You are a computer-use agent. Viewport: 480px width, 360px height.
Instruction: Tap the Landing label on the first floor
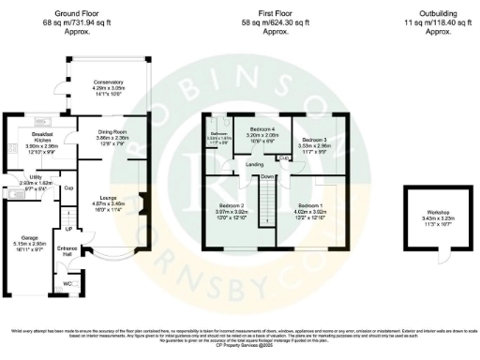point(254,165)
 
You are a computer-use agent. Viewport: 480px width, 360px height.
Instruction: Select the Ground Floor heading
point(79,15)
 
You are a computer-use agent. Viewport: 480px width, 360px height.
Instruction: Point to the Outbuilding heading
point(425,15)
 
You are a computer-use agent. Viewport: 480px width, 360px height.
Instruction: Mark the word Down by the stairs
point(268,177)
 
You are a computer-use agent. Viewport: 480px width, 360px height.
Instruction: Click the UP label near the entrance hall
point(68,228)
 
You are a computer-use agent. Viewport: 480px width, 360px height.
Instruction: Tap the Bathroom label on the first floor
point(218,135)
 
